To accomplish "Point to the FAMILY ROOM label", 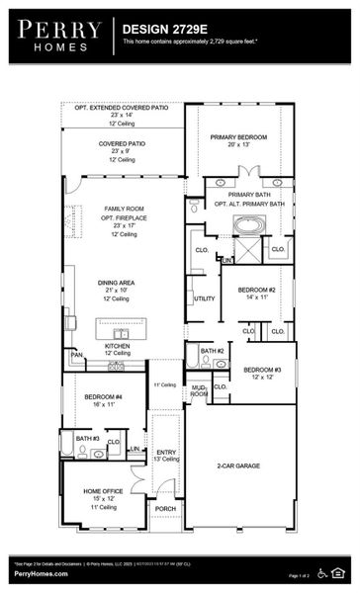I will pos(124,209).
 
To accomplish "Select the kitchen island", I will pos(121,327).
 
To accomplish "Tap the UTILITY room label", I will pos(205,297).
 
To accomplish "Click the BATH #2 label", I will pos(212,351).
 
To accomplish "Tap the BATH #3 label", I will pos(87,438).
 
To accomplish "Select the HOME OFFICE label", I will pos(103,491).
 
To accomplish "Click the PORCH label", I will pos(165,509).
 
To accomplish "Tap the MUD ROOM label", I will pos(199,390).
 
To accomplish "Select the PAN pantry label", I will pos(76,354).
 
